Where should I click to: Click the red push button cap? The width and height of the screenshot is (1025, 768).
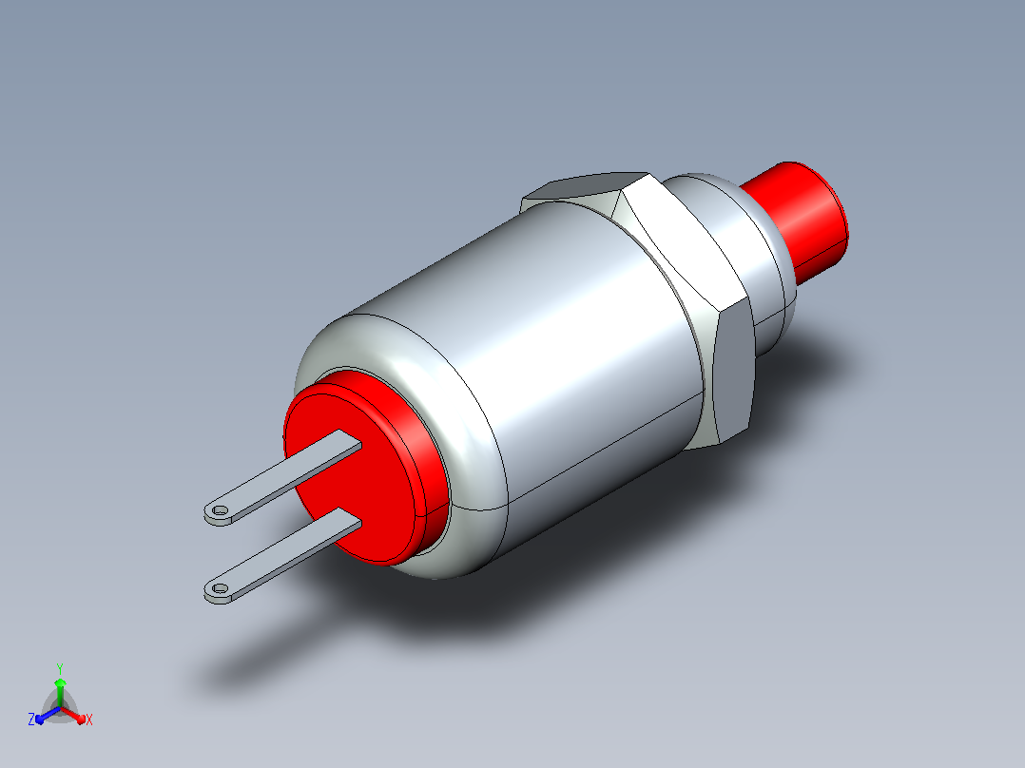[799, 219]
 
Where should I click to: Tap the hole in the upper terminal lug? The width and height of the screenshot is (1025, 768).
[221, 509]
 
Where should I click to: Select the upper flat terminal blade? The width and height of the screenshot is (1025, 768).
[282, 477]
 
